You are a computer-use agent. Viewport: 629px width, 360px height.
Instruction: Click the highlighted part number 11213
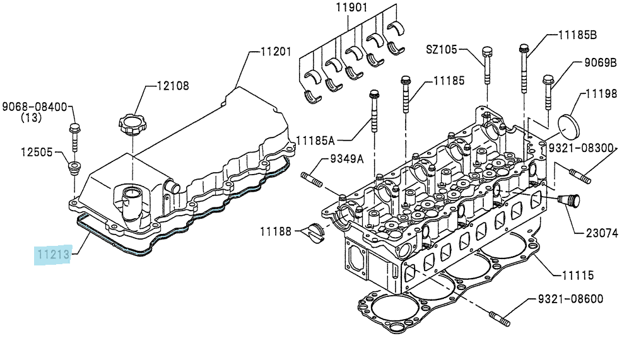click(54, 254)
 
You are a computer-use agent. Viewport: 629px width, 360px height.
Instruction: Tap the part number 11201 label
click(276, 52)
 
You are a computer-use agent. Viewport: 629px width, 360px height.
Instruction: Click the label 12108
click(172, 86)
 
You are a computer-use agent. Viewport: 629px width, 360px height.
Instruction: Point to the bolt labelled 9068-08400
click(74, 137)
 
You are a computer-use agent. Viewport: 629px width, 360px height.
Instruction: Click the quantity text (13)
click(31, 117)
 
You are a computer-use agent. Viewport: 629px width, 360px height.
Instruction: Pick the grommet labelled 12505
click(74, 168)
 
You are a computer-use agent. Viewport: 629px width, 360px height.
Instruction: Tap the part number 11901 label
click(351, 8)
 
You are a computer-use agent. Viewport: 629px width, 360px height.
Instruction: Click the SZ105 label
click(441, 49)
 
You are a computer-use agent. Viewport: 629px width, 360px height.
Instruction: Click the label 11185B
click(578, 35)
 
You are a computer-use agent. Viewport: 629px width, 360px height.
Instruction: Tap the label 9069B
click(600, 62)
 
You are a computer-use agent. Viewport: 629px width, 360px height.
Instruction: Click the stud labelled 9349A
click(312, 179)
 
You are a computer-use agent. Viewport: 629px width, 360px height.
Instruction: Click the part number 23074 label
click(602, 233)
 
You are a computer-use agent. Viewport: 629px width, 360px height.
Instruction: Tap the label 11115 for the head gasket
click(578, 276)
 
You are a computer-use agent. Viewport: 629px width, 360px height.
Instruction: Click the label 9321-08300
click(581, 148)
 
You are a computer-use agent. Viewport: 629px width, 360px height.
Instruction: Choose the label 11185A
click(315, 141)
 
